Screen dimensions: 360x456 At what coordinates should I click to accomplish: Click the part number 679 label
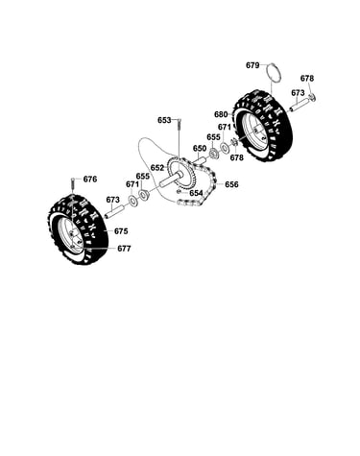(252, 65)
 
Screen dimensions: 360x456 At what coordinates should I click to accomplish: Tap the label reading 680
(221, 114)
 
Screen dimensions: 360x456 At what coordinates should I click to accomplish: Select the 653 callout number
(164, 120)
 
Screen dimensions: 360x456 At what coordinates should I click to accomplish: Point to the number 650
(200, 149)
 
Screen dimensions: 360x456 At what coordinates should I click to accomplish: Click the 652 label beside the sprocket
(157, 168)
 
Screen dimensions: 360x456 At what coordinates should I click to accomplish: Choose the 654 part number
(196, 193)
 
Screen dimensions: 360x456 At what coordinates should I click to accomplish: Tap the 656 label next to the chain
(231, 184)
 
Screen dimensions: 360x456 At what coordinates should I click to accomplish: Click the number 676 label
(90, 180)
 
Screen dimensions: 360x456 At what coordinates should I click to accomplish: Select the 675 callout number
(121, 231)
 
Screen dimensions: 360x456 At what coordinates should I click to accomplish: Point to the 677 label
(124, 249)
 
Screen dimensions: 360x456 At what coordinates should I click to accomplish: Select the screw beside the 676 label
(73, 184)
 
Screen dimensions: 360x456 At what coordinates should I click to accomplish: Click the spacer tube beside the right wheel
(300, 106)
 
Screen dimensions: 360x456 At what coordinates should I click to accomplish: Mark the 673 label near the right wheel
(298, 93)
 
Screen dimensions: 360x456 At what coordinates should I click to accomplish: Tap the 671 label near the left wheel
(132, 184)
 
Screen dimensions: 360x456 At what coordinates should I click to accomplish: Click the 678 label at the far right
(307, 79)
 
